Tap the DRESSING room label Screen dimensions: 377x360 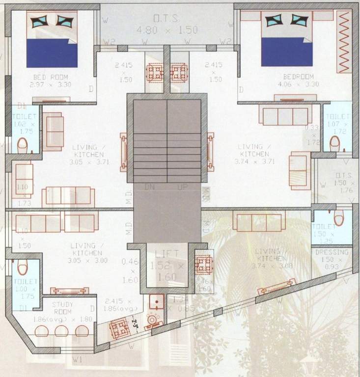(x=332, y=252)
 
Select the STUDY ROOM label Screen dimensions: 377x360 (x=62, y=305)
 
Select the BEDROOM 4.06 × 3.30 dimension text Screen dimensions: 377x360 (x=298, y=84)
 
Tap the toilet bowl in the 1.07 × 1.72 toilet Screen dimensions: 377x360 (x=335, y=143)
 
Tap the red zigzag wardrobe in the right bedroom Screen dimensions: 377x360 (x=344, y=43)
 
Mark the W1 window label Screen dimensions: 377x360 (x=76, y=359)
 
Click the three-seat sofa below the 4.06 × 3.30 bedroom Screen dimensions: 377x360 (x=285, y=116)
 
